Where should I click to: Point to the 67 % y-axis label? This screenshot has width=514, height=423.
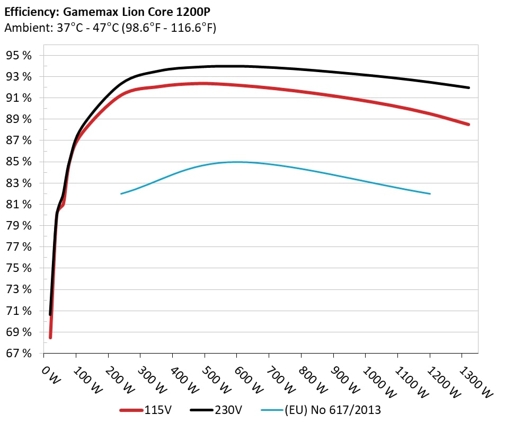click(19, 354)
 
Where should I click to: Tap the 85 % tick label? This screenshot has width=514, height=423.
click(19, 162)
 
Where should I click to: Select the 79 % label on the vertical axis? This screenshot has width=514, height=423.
click(19, 226)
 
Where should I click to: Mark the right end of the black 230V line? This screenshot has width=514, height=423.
click(468, 87)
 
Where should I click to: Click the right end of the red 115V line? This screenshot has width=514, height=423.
click(468, 125)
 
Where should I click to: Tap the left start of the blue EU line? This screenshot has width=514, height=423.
click(121, 193)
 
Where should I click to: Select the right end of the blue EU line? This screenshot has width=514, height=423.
click(430, 193)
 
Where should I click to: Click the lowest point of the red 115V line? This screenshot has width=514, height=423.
click(50, 337)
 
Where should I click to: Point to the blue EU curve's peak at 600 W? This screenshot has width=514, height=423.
click(237, 162)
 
